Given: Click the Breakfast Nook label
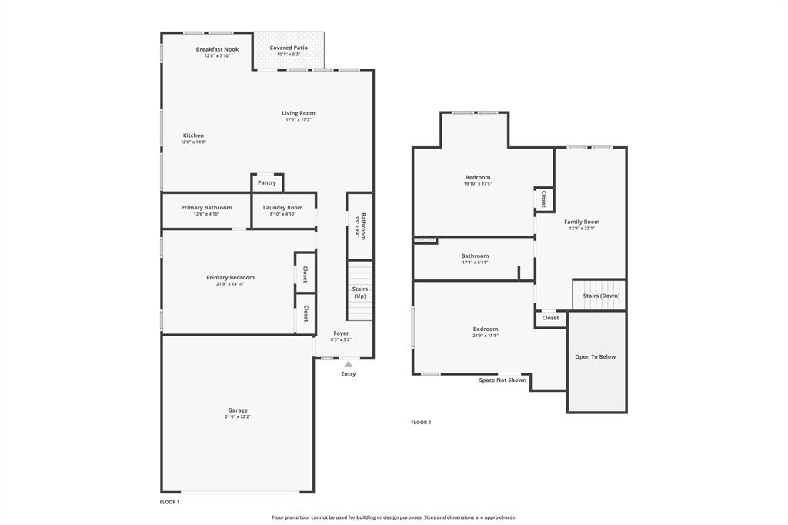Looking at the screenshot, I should (x=217, y=49).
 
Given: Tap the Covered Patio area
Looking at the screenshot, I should (x=289, y=51).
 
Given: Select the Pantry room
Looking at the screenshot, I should (x=267, y=183).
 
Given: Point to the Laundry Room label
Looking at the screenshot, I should (x=282, y=208).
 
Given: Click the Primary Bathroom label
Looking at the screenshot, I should (x=206, y=208).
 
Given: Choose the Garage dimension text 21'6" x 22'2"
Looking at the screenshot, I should (x=238, y=416).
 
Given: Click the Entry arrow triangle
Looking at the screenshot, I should (x=349, y=364).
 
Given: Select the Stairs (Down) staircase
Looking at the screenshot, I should (x=599, y=295).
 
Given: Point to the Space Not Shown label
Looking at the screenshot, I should (x=503, y=380).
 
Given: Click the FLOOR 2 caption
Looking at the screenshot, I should (x=421, y=423).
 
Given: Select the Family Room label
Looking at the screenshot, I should (x=581, y=222).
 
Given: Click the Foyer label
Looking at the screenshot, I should (x=341, y=333).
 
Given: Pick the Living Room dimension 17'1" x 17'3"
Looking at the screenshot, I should (x=298, y=119).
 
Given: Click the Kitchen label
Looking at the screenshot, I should (x=193, y=135).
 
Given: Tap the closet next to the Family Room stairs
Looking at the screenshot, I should (x=551, y=318).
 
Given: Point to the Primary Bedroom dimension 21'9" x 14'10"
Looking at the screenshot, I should (x=230, y=284).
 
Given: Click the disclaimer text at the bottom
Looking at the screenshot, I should (x=394, y=517).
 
